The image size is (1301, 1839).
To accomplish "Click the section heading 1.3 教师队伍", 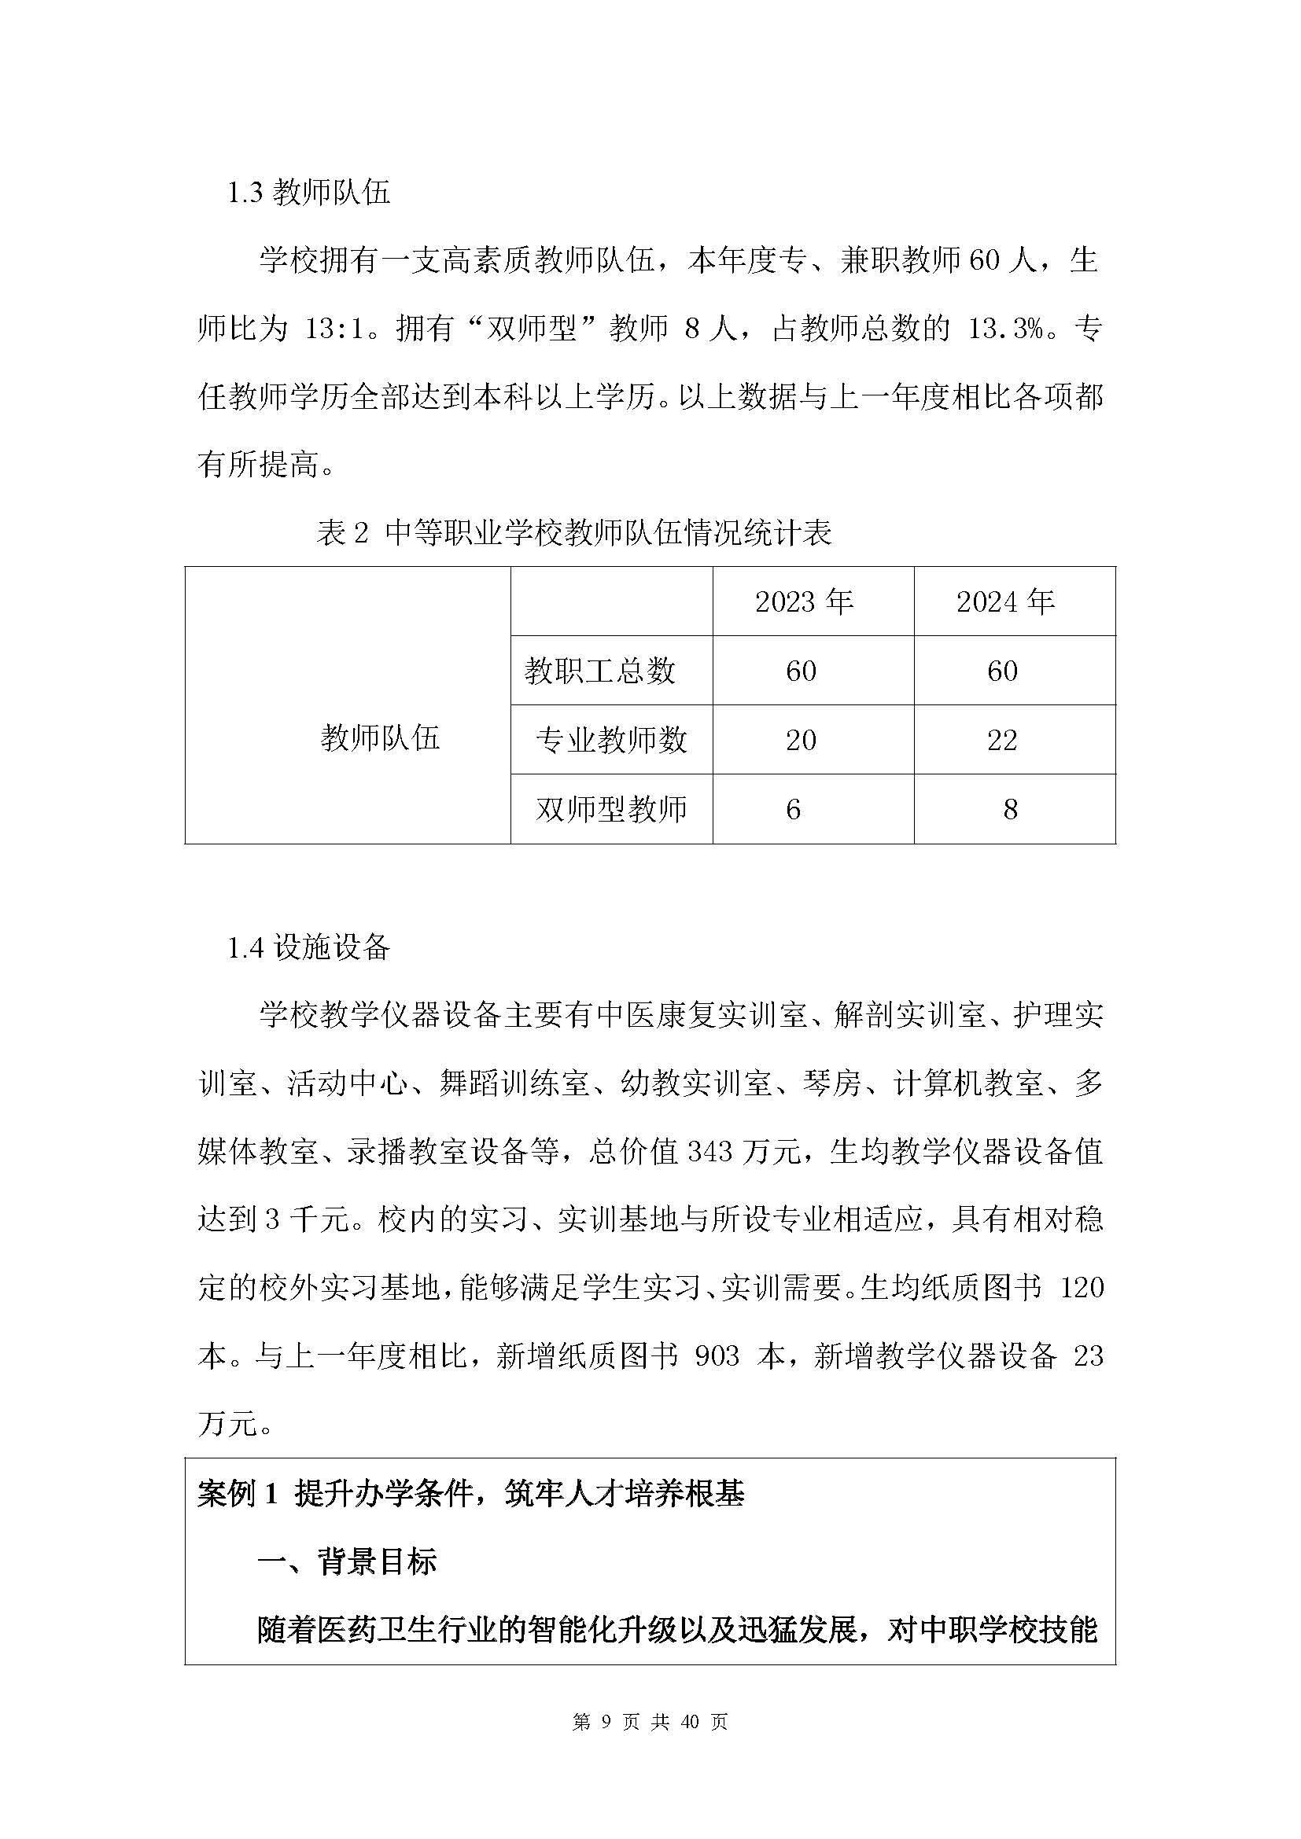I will click(x=309, y=193).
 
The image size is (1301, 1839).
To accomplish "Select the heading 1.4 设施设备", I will click(x=309, y=947).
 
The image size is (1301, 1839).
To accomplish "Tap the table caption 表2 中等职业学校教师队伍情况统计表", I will click(x=573, y=532).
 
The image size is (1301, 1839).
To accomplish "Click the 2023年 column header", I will click(x=804, y=601).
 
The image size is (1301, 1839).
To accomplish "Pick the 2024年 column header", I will click(x=1005, y=601).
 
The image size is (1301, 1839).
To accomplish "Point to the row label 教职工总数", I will click(x=600, y=671).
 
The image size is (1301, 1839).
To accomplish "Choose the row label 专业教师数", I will click(x=610, y=739).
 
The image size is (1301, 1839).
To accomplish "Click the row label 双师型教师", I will click(x=610, y=809).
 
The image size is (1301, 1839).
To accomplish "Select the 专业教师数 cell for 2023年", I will click(x=801, y=739).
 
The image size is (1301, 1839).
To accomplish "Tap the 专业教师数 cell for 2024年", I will click(x=1002, y=739).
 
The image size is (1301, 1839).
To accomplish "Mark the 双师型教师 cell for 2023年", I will click(x=793, y=809).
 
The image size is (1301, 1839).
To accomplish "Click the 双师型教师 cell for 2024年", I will click(x=1010, y=809).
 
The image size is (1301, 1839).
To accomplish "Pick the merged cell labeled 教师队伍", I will click(x=380, y=737).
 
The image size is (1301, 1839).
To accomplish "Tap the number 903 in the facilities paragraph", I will click(x=717, y=1356).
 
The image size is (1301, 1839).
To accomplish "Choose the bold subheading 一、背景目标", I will click(x=346, y=1561).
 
